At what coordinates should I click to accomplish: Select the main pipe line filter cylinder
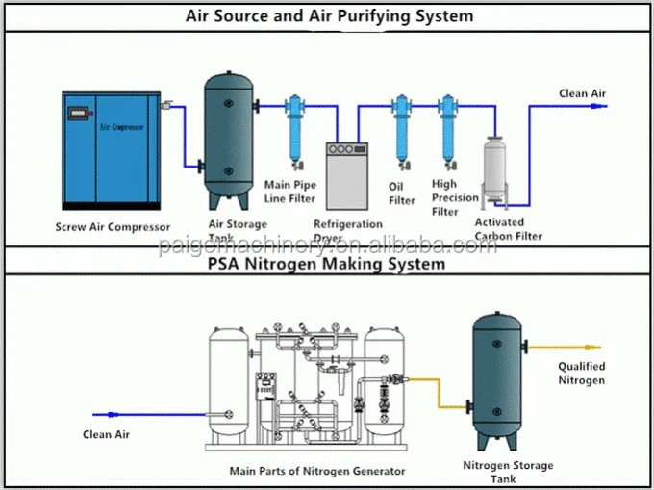tap(294, 135)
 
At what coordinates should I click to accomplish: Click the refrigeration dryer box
tap(347, 174)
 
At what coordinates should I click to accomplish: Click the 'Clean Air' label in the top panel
tap(583, 93)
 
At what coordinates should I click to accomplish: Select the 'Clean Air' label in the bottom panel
tap(106, 435)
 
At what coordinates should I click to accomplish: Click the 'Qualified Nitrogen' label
tap(582, 374)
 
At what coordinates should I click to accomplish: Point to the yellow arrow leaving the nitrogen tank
tap(578, 348)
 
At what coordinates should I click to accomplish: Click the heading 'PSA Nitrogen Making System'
tap(328, 263)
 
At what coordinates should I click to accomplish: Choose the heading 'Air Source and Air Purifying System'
tap(328, 15)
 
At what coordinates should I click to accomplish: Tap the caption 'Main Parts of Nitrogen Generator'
tap(317, 471)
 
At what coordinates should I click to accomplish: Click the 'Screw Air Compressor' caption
tap(113, 227)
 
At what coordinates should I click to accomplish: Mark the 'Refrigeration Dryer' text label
tap(349, 231)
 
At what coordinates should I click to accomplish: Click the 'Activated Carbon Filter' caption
tap(509, 229)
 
